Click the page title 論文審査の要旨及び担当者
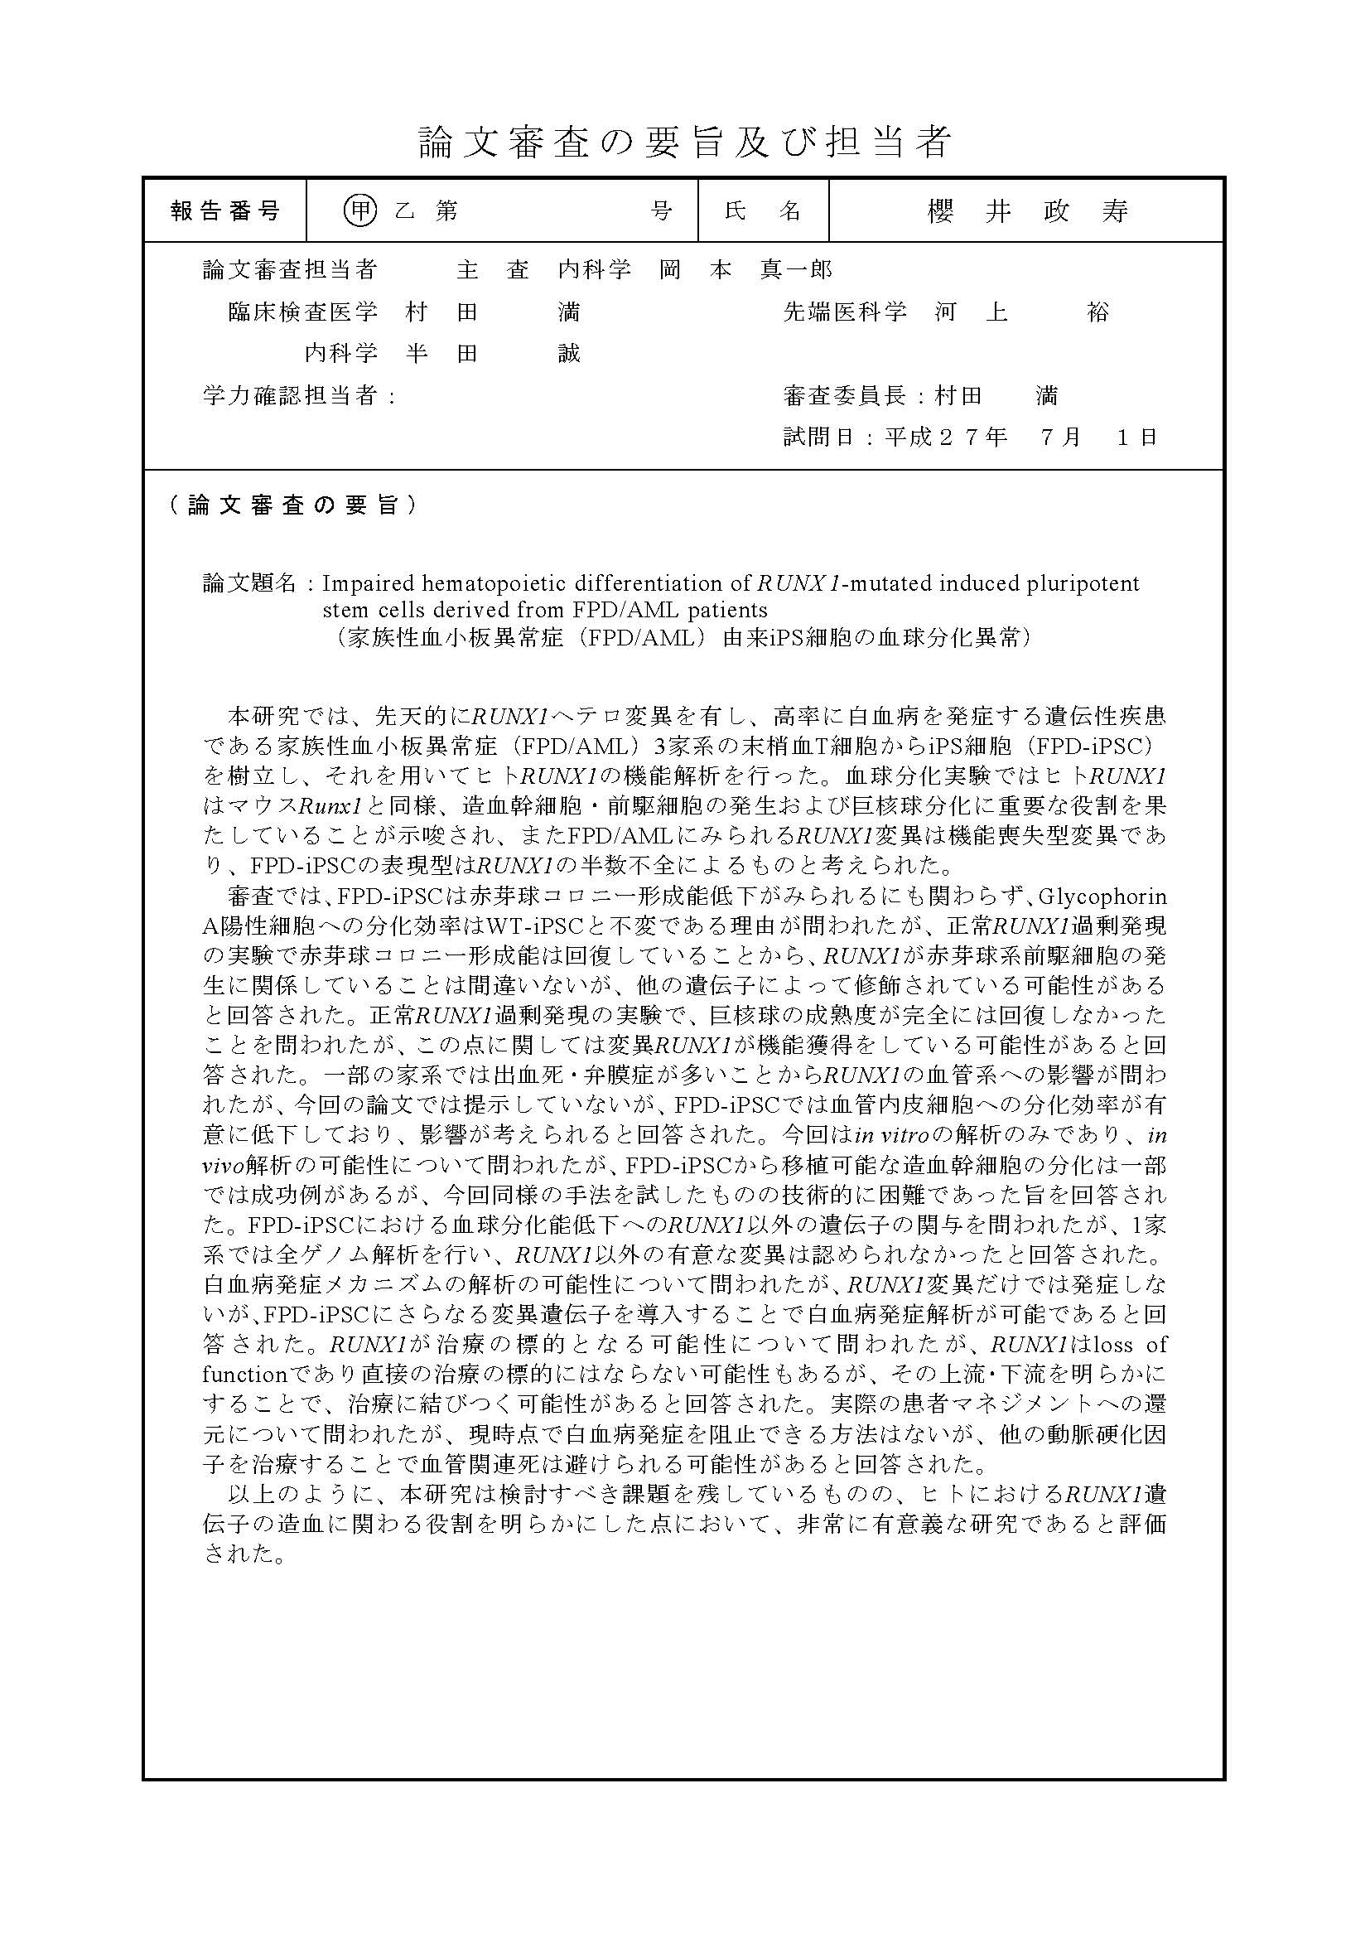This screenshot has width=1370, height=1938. (684, 143)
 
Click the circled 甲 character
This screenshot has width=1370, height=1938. (360, 210)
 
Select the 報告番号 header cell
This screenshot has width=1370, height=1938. (225, 211)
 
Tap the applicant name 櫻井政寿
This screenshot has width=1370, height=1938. (1027, 211)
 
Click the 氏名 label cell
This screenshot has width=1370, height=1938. (763, 211)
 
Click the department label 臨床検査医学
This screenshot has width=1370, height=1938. (303, 312)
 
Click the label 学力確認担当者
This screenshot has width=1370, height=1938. (289, 394)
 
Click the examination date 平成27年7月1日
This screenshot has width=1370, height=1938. (1020, 437)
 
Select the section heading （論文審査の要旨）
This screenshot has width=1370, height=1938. (292, 505)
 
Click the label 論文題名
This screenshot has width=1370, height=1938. (249, 583)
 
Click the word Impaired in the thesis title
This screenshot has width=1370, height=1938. (362, 583)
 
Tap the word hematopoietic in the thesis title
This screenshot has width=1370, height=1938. (485, 583)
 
